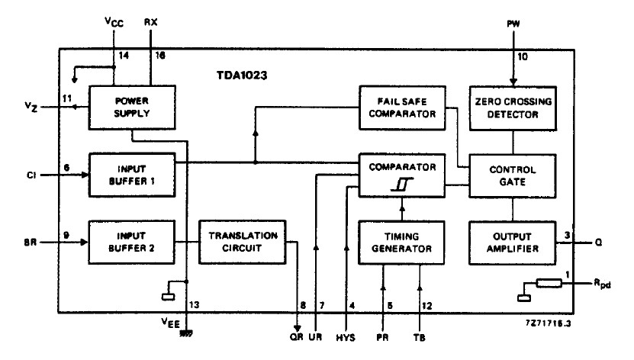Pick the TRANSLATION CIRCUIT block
pyautogui.click(x=242, y=242)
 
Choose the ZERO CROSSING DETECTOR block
pyautogui.click(x=513, y=107)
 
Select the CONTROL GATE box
pyautogui.click(x=513, y=175)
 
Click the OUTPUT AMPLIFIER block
pyautogui.click(x=513, y=242)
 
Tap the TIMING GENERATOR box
pyautogui.click(x=401, y=242)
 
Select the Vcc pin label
pyautogui.click(x=114, y=23)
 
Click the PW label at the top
pyautogui.click(x=512, y=24)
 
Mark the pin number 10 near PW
pyautogui.click(x=522, y=57)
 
